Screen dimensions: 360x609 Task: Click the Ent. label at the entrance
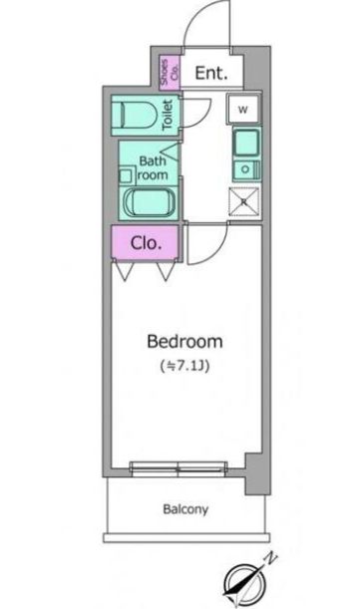211,73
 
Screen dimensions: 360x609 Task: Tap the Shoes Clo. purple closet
170,73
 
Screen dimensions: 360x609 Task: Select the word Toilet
168,115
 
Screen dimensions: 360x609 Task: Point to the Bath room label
152,167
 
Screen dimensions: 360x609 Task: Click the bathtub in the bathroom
150,202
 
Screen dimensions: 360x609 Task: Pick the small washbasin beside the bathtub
126,176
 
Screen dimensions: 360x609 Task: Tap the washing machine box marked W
243,109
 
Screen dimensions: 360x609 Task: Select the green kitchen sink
246,144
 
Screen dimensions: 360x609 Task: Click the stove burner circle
245,169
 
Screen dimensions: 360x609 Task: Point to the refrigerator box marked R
243,201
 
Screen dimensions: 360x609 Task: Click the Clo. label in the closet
146,243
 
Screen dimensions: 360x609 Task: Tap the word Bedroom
185,342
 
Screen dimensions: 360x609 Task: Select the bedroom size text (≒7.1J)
185,366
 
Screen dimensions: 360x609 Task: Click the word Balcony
185,508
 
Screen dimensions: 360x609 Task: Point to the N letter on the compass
270,558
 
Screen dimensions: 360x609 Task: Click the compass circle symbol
245,584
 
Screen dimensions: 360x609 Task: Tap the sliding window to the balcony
179,468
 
